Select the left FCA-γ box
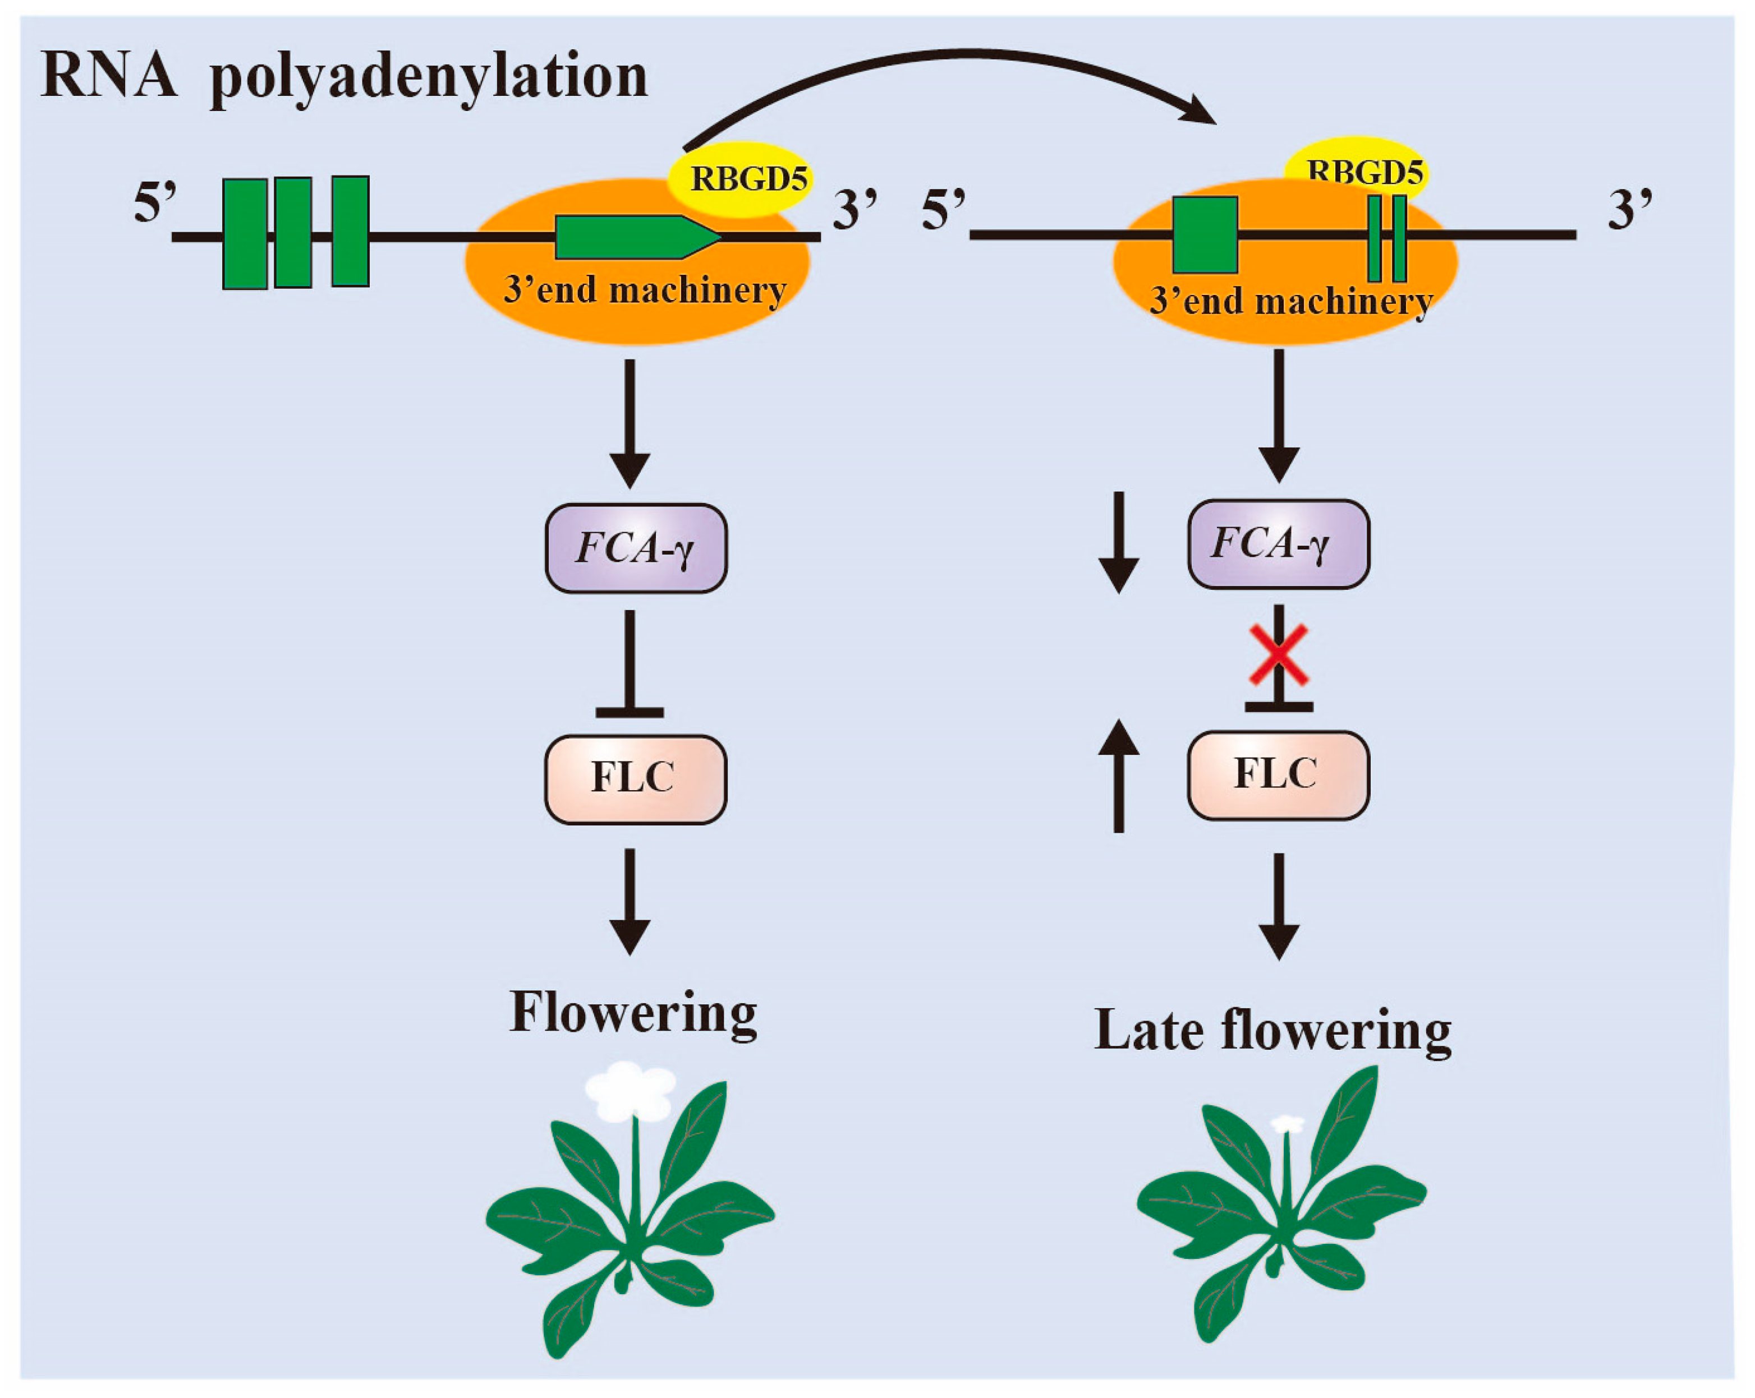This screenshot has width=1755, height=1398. tap(635, 548)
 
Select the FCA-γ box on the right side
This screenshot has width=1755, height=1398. tap(1278, 543)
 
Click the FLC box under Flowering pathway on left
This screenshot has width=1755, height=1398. tap(635, 779)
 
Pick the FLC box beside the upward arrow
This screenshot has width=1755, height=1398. tap(1278, 774)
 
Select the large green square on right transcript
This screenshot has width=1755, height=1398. tap(1205, 234)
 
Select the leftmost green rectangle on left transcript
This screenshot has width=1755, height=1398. tap(245, 233)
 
